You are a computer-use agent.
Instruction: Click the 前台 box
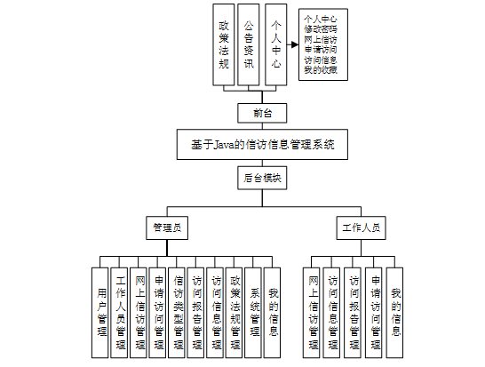[262, 113]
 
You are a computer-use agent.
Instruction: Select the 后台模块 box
[262, 178]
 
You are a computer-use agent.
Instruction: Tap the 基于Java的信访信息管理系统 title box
[262, 145]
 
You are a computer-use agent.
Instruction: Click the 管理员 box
[167, 228]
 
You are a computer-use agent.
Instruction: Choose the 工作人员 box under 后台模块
[361, 228]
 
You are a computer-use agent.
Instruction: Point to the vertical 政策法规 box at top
[224, 44]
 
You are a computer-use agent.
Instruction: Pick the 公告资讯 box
[249, 44]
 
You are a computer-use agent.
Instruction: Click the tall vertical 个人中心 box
[276, 44]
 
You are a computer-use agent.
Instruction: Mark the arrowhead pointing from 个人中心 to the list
[295, 44]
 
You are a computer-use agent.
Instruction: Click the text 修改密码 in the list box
[321, 29]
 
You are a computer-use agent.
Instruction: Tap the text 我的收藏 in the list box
[321, 70]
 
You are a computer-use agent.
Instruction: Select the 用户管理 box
[100, 313]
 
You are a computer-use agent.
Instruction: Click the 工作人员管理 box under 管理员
[119, 313]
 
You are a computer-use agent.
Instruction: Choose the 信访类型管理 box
[177, 313]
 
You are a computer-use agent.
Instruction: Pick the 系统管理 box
[253, 313]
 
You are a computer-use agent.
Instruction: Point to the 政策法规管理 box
[235, 313]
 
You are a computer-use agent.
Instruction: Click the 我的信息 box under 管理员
[272, 313]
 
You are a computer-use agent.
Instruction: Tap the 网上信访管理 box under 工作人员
[312, 313]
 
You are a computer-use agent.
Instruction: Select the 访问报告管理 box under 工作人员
[353, 313]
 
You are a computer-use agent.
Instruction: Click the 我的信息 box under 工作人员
[395, 313]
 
